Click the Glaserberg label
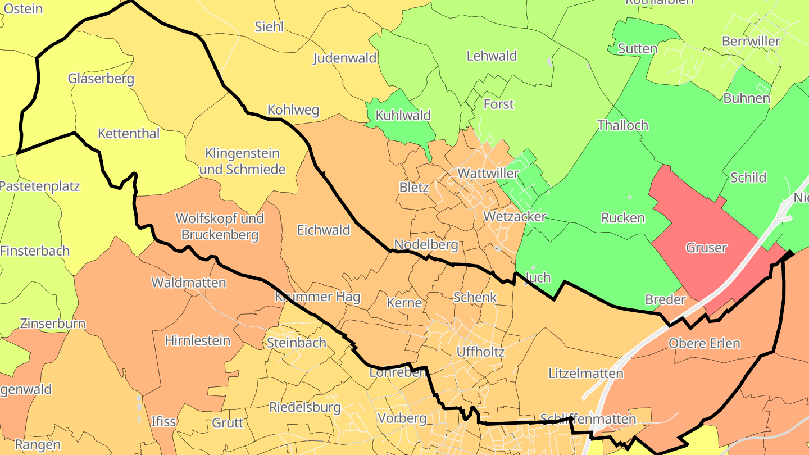tap(101, 78)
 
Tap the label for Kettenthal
tap(129, 133)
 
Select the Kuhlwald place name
tap(403, 115)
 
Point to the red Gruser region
tap(706, 247)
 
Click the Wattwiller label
tap(488, 173)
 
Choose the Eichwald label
tap(324, 230)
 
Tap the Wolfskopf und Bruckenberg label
tap(220, 226)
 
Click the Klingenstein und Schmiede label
tap(242, 161)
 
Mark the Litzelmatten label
tap(586, 373)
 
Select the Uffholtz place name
tap(480, 352)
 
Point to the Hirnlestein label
tap(198, 340)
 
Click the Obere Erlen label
tap(704, 343)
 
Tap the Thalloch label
tap(622, 125)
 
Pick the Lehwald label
tap(492, 56)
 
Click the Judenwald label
tap(345, 58)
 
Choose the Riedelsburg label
tap(305, 407)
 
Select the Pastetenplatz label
tap(39, 186)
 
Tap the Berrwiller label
tap(751, 41)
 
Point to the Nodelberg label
tap(426, 244)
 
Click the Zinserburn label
tap(52, 324)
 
